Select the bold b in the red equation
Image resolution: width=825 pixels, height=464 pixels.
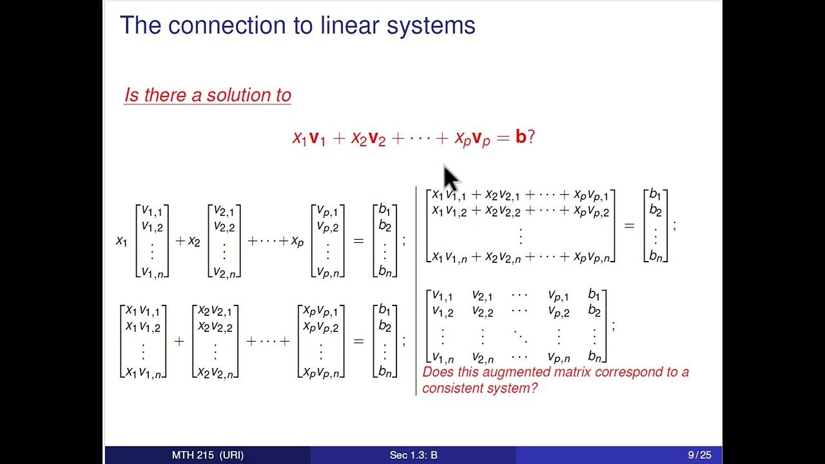pyautogui.click(x=521, y=137)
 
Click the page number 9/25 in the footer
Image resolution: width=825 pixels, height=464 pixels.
pyautogui.click(x=699, y=455)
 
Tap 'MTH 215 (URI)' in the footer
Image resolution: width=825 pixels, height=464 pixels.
pyautogui.click(x=208, y=455)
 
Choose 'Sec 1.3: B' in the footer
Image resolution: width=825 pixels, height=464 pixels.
pyautogui.click(x=413, y=455)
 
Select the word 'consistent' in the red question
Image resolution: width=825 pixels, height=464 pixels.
pyautogui.click(x=453, y=388)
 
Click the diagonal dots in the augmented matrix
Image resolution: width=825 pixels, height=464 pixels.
pyautogui.click(x=519, y=335)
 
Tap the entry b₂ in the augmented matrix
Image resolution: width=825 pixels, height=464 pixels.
pyautogui.click(x=594, y=311)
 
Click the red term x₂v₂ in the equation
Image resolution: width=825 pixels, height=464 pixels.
pyautogui.click(x=368, y=139)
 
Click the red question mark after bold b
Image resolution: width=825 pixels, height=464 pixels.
pyautogui.click(x=531, y=137)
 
